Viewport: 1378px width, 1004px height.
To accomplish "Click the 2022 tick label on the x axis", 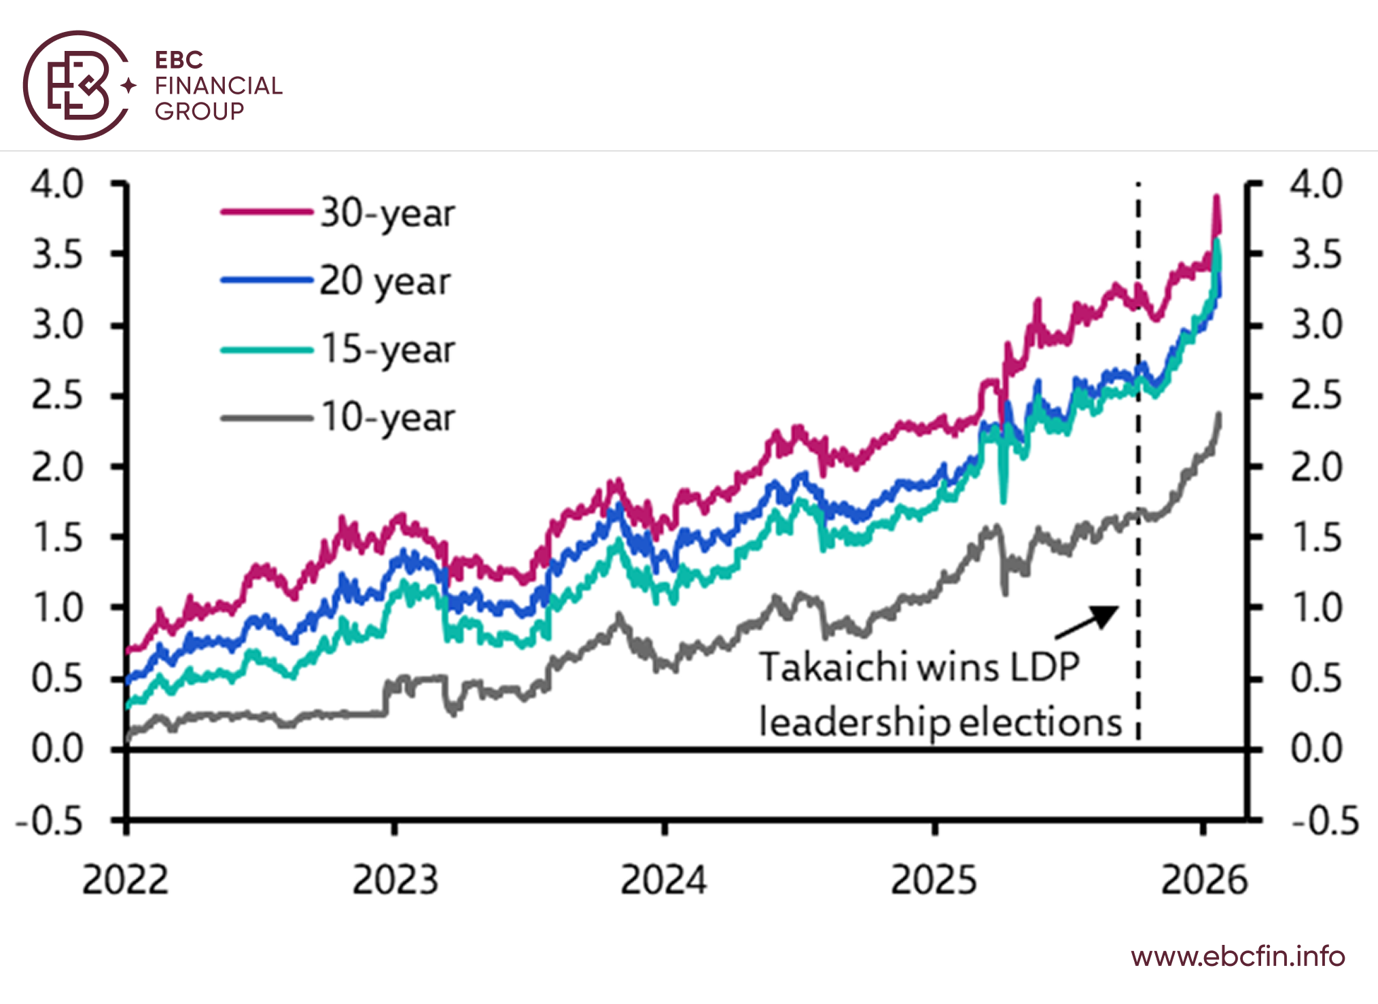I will tap(125, 880).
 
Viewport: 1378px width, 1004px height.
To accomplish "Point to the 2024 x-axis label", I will tap(664, 880).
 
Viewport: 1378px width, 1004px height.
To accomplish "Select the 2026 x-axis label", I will tap(1204, 880).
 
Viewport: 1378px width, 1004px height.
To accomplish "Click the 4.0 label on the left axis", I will tap(58, 184).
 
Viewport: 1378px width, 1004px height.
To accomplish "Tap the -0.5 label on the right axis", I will tap(1324, 821).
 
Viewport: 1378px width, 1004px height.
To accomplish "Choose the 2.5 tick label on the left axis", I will tap(58, 395).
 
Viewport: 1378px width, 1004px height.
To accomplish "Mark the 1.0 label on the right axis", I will tap(1316, 608).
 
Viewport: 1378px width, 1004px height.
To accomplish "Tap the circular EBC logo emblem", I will tap(77, 86).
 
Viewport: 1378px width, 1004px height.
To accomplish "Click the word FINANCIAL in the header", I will tap(218, 86).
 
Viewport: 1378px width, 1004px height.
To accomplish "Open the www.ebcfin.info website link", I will tap(1238, 956).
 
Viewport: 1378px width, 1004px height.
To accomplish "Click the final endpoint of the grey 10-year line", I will tap(1220, 414).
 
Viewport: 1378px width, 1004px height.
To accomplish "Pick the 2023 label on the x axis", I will tap(395, 880).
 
